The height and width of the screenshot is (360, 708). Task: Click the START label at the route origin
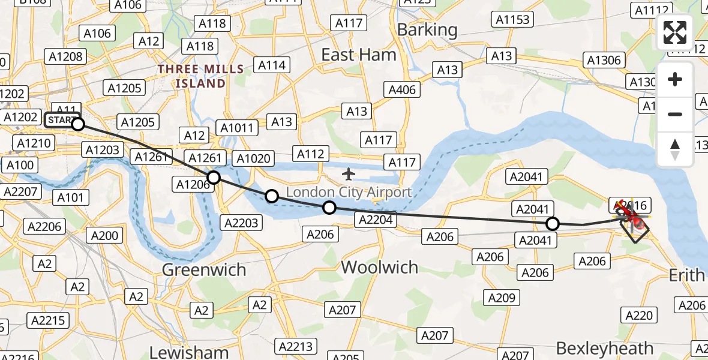pyautogui.click(x=61, y=120)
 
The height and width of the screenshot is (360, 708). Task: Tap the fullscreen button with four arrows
pyautogui.click(x=675, y=32)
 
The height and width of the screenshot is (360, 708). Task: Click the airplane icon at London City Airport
pyautogui.click(x=348, y=175)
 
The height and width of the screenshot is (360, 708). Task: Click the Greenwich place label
pyautogui.click(x=204, y=269)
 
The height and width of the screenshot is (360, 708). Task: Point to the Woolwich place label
pyautogui.click(x=379, y=267)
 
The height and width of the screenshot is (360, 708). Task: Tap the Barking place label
pyautogui.click(x=427, y=29)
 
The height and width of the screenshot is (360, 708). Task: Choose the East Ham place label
pyautogui.click(x=359, y=55)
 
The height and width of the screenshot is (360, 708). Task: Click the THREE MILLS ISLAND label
pyautogui.click(x=200, y=76)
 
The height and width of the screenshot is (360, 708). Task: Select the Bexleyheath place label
pyautogui.click(x=605, y=347)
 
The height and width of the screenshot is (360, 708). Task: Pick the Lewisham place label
pyautogui.click(x=189, y=352)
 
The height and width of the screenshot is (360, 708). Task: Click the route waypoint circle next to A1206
pyautogui.click(x=214, y=177)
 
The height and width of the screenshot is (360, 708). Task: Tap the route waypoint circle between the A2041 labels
pyautogui.click(x=553, y=224)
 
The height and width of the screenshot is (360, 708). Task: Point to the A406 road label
pyautogui.click(x=402, y=90)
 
